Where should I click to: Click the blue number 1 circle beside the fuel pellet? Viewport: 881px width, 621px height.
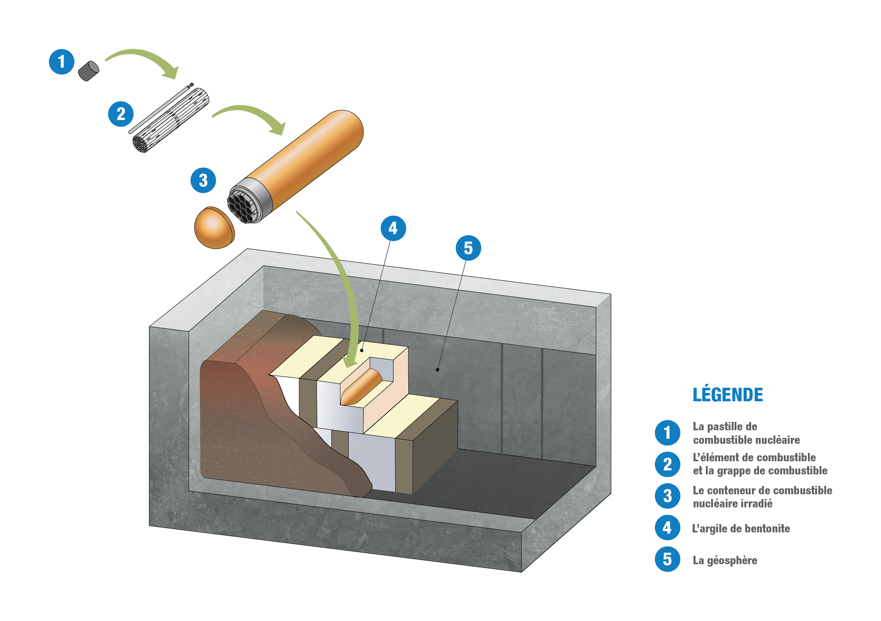[62, 62]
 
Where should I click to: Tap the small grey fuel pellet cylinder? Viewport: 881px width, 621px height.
[88, 71]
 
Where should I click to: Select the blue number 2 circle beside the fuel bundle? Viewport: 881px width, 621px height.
[121, 114]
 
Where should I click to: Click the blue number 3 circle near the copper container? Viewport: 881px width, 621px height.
[203, 180]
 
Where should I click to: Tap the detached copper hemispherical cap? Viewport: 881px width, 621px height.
[214, 228]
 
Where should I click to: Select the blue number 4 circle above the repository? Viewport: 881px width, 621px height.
[393, 228]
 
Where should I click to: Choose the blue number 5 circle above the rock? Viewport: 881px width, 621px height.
[468, 248]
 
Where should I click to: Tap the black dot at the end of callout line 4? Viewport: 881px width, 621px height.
[362, 350]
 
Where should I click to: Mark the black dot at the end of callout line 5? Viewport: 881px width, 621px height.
[438, 370]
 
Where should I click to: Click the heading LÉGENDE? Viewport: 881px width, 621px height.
[728, 395]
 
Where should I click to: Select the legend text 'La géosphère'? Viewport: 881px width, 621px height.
[725, 560]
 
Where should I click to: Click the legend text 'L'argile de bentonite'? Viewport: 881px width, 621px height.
[741, 528]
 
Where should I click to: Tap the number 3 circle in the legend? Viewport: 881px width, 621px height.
[668, 496]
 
